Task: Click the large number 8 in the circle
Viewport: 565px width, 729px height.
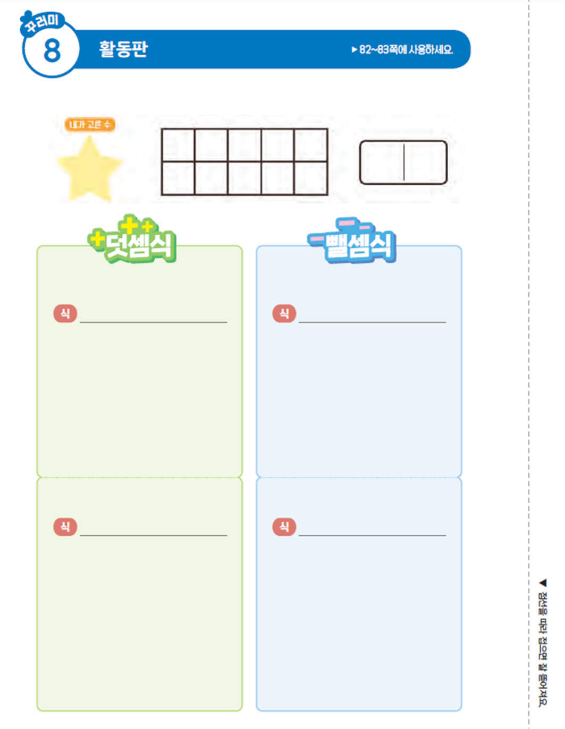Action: (x=52, y=51)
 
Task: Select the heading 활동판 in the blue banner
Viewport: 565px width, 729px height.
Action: (x=123, y=49)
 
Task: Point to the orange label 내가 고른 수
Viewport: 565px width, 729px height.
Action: (x=90, y=124)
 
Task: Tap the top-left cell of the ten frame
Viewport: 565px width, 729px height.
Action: (x=178, y=145)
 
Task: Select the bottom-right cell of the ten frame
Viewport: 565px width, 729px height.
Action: (x=310, y=178)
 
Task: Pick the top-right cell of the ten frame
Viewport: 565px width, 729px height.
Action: (x=310, y=145)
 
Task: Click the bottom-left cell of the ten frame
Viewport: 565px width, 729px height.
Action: (x=178, y=178)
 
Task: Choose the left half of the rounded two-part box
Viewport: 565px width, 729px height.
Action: (x=382, y=162)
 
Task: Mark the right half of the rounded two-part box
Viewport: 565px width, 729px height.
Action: (x=425, y=162)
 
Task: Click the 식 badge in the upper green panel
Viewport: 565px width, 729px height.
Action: (x=65, y=313)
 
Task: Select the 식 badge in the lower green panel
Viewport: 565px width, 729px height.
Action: (x=65, y=526)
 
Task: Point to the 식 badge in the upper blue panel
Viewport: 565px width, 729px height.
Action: (x=284, y=313)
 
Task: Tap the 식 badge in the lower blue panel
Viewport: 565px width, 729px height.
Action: (x=284, y=526)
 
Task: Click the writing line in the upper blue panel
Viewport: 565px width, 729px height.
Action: (x=372, y=321)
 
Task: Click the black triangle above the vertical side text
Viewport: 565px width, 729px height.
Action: (x=543, y=582)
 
